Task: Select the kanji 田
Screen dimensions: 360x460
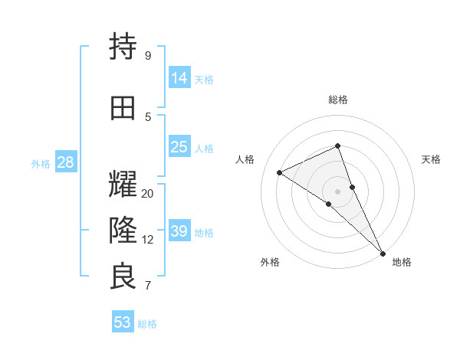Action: point(123,108)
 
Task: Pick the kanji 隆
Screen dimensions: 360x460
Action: point(123,231)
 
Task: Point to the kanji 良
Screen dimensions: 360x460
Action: point(123,277)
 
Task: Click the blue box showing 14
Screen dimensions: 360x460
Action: point(179,77)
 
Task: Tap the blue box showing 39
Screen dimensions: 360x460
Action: point(179,231)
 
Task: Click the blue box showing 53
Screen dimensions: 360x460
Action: point(122,322)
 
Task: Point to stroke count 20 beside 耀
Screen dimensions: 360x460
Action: point(148,194)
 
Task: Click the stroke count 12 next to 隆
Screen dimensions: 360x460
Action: point(148,240)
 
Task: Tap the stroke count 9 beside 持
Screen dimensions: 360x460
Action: point(148,56)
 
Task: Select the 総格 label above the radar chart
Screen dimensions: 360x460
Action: point(338,100)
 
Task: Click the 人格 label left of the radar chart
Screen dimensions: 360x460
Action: point(245,159)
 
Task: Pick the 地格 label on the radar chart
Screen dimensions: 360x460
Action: point(402,262)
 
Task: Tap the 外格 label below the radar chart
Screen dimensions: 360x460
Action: point(270,262)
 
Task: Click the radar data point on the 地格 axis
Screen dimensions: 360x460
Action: point(383,253)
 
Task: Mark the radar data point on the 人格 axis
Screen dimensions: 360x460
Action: point(280,172)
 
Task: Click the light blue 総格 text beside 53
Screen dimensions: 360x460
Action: point(147,324)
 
